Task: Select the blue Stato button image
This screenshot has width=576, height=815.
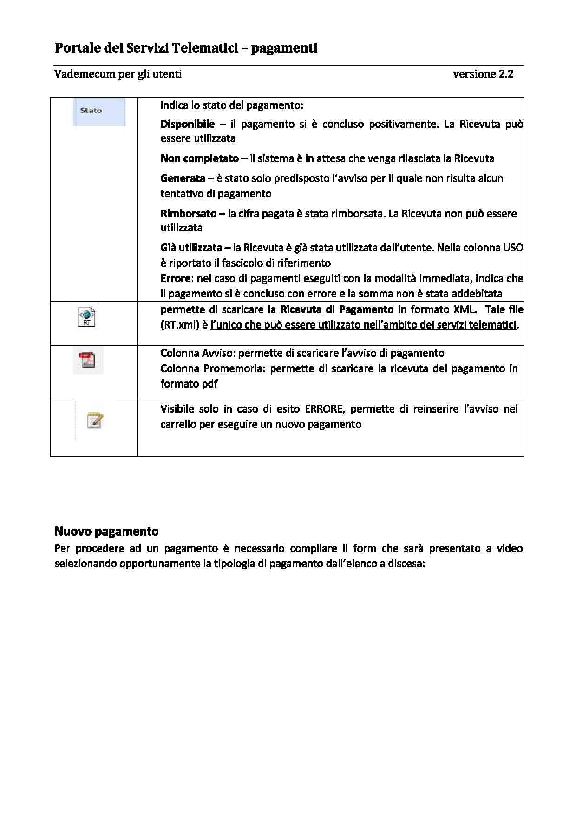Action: click(99, 112)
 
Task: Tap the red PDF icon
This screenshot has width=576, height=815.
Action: click(87, 360)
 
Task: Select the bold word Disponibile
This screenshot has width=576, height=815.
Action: click(187, 124)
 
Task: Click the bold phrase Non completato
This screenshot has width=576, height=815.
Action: click(199, 158)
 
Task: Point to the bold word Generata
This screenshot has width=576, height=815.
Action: click(183, 178)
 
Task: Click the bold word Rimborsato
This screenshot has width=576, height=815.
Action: click(188, 214)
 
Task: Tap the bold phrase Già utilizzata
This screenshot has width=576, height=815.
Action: click(191, 248)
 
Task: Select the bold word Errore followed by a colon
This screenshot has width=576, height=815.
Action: click(176, 278)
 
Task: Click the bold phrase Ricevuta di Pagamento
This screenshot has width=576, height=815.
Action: click(337, 309)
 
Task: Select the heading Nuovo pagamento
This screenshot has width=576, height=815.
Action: click(106, 531)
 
